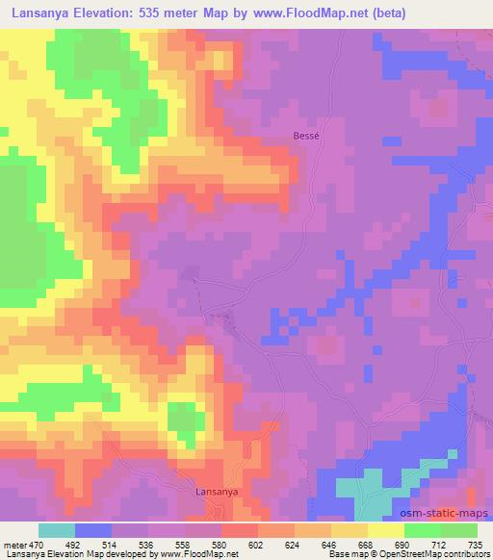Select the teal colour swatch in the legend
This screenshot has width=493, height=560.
57,530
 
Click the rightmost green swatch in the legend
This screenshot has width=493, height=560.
459,530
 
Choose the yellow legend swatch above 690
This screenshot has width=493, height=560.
386,530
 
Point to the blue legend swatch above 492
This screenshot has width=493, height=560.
93,530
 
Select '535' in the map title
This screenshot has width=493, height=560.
164,13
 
